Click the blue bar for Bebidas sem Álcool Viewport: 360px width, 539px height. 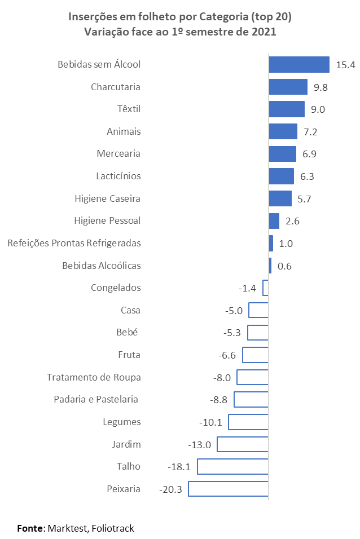tap(298, 64)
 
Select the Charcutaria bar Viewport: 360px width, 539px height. tap(288, 87)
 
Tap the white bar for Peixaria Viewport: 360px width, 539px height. tap(228, 489)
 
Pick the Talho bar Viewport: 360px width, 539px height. tap(232, 466)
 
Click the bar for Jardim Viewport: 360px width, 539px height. tap(243, 444)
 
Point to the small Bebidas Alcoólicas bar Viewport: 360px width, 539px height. tap(270, 266)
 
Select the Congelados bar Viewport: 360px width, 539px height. tap(266, 288)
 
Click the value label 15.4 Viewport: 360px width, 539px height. tap(345, 65)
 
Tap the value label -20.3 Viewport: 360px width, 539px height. tap(170, 489)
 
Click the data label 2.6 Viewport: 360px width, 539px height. tap(292, 221)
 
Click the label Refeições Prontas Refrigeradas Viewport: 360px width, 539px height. tap(74, 243)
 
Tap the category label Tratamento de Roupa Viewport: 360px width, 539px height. tap(94, 377)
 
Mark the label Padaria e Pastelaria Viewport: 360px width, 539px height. tap(96, 399)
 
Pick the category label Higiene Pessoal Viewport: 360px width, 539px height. tap(107, 220)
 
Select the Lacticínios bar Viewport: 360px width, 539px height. tap(281, 176)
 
